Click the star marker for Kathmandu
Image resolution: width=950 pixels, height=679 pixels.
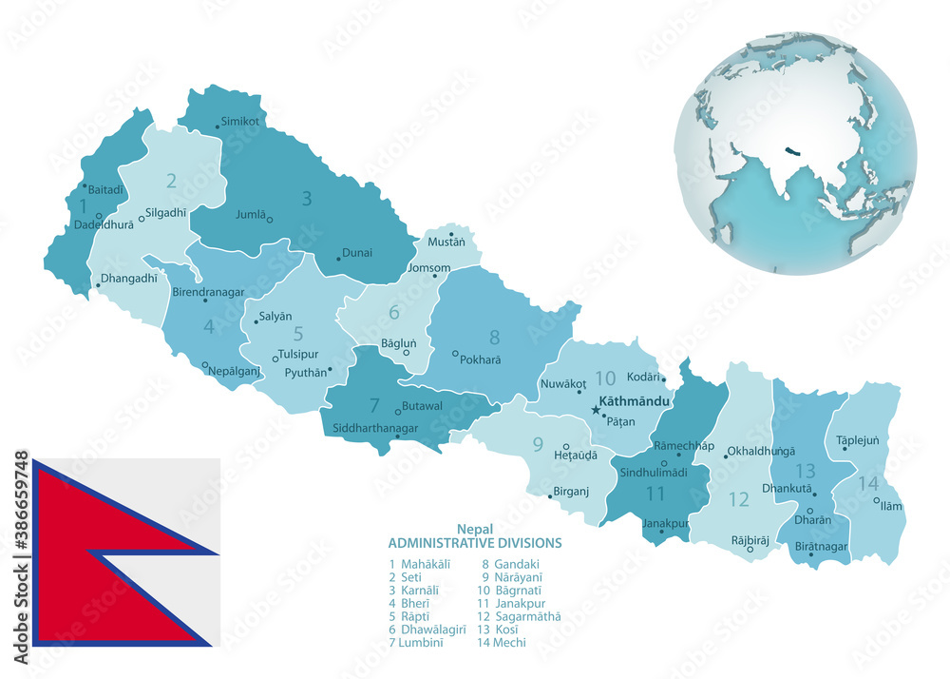(x=596, y=410)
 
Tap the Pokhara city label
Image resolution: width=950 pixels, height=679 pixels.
(x=480, y=360)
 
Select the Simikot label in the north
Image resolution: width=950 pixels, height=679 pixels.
(x=239, y=122)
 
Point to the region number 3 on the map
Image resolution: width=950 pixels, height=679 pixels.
(x=307, y=199)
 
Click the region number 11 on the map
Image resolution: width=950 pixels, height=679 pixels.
(x=655, y=494)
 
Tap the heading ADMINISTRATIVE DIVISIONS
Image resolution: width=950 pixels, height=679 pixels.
(x=474, y=543)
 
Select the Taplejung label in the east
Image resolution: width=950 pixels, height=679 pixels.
(x=858, y=440)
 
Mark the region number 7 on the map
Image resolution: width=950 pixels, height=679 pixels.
(x=374, y=404)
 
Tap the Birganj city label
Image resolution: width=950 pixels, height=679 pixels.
(x=571, y=492)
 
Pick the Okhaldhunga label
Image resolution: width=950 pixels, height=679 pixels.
(x=761, y=452)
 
